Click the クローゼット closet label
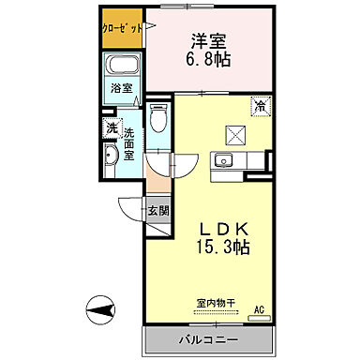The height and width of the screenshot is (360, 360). click(x=123, y=27)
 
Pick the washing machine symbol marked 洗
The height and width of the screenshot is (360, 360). click(x=112, y=127)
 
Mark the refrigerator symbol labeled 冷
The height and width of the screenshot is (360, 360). click(x=258, y=108)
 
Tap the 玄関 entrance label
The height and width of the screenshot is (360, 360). click(x=157, y=212)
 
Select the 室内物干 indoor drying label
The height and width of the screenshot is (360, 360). click(x=216, y=303)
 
